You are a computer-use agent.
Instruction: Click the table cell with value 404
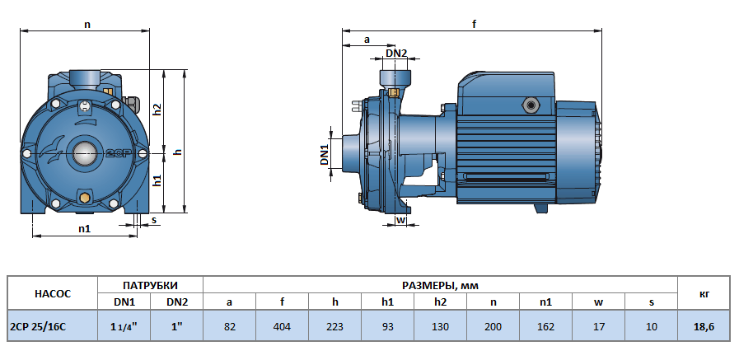[x=283, y=327]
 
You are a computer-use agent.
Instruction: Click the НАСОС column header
[x=53, y=293]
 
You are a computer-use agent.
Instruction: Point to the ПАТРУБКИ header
[x=151, y=285]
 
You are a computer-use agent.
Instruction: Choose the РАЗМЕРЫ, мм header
[x=439, y=285]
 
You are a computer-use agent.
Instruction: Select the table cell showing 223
[x=335, y=327]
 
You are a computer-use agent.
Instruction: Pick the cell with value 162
[x=545, y=327]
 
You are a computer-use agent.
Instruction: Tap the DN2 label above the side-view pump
[x=396, y=54]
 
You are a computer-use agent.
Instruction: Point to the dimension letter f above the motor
[x=475, y=25]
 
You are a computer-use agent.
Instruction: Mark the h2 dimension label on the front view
[x=157, y=110]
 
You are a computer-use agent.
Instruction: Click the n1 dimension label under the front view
[x=84, y=228]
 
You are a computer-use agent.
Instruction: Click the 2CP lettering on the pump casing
[x=115, y=153]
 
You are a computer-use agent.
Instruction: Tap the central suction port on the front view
[x=85, y=152]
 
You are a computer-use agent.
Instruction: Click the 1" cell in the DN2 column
[x=177, y=327]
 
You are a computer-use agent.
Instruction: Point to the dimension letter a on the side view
[x=367, y=39]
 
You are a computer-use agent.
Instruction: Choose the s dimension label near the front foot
[x=154, y=220]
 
